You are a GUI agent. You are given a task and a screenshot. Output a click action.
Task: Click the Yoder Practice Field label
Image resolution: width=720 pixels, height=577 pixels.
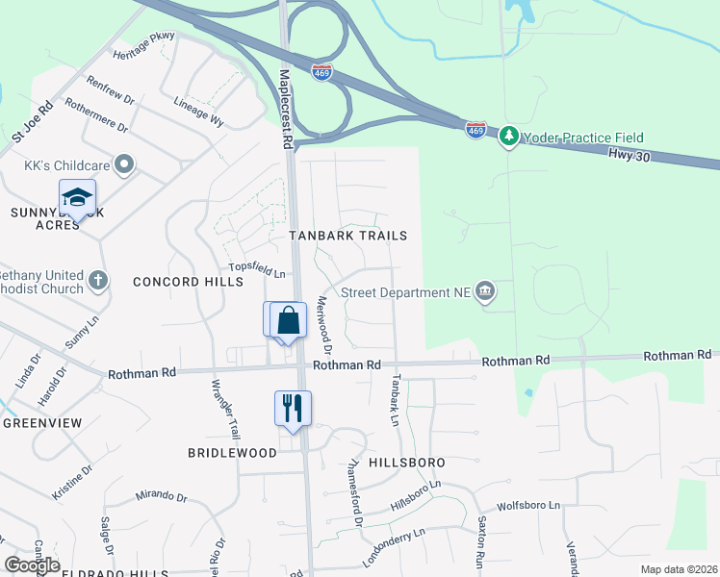(583, 138)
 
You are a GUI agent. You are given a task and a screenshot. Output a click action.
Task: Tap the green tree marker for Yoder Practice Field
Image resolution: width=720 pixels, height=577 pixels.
(509, 138)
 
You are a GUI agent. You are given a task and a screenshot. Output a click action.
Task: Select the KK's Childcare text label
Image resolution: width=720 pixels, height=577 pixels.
(66, 164)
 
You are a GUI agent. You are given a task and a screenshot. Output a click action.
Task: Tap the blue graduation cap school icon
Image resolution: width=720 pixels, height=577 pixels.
(77, 199)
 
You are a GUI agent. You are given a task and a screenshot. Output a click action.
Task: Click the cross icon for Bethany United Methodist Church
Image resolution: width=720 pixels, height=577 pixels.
(97, 282)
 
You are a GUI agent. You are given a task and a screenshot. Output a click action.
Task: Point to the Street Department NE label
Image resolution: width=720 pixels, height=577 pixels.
(406, 293)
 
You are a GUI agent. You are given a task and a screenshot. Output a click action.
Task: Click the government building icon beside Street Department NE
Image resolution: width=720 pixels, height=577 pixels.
(486, 292)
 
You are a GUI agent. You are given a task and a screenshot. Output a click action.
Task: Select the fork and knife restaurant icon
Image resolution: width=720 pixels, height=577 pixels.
(293, 408)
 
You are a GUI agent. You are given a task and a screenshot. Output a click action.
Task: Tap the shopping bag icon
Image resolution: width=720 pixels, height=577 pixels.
(288, 320)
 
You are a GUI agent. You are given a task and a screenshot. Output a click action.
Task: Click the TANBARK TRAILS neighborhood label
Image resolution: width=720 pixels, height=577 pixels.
(348, 236)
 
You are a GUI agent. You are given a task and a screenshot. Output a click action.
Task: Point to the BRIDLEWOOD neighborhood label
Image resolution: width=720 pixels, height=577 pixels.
(232, 452)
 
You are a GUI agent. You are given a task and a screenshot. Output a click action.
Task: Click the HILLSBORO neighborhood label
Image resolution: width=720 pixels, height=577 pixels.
(405, 463)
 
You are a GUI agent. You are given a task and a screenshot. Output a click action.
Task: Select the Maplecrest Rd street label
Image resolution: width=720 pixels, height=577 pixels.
(285, 108)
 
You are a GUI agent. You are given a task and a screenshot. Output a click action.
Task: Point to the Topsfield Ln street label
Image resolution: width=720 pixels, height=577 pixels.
(257, 273)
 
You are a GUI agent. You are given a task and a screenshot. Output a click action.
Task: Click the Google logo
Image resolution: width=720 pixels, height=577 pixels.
(33, 565)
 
